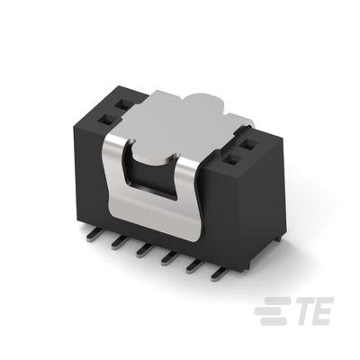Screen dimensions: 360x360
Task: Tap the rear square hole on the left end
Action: click(x=122, y=104)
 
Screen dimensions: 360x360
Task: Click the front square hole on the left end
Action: click(x=106, y=121)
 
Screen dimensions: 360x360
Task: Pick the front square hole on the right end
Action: click(x=232, y=160)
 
